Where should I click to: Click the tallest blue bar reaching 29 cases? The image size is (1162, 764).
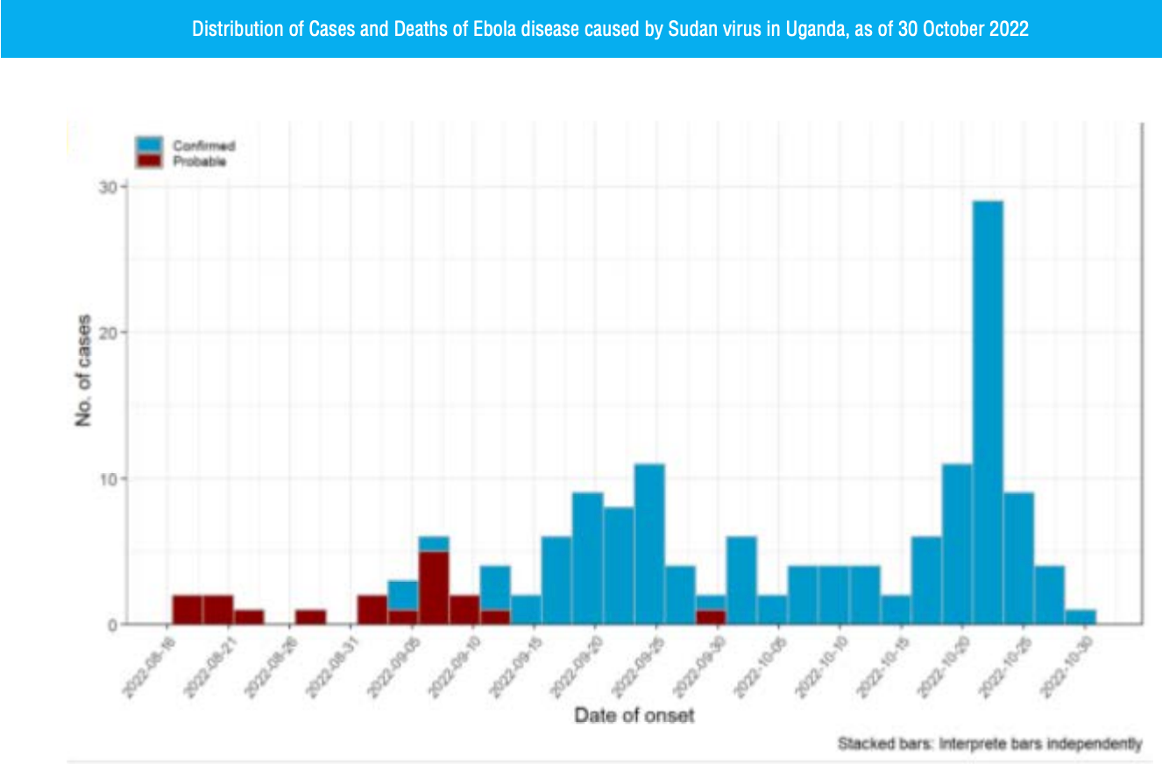coord(988,412)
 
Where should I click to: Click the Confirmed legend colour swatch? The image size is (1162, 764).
coord(148,145)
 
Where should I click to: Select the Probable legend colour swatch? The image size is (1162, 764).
coord(148,160)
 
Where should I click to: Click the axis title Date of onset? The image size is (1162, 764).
coord(634,716)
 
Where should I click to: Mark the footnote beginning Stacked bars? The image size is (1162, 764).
coord(989,745)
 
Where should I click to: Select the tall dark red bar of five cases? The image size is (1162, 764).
coord(434,588)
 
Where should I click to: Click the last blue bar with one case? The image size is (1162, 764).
coord(1081,617)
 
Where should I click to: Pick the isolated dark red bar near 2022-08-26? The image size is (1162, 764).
coord(310,617)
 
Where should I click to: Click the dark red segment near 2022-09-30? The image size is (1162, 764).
coord(710,617)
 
